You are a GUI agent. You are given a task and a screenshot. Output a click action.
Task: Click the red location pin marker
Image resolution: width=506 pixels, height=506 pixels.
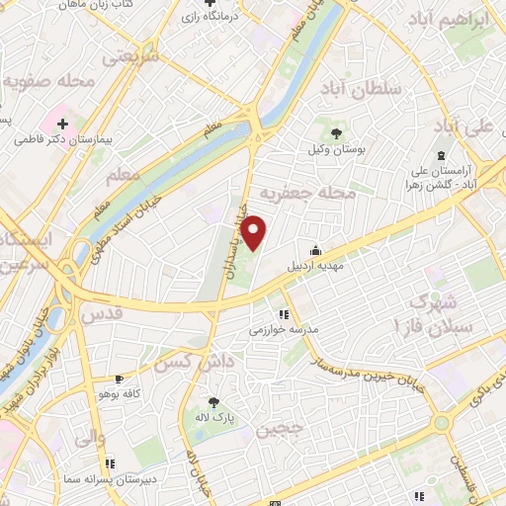pos(255,232)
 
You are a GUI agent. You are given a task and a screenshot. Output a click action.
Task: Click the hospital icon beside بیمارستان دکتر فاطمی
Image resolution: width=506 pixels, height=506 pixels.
pos(63,125)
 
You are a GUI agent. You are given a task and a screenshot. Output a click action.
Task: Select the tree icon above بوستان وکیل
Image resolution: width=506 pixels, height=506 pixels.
pos(335,131)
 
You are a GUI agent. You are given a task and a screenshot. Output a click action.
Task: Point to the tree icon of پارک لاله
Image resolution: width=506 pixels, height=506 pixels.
pos(213,402)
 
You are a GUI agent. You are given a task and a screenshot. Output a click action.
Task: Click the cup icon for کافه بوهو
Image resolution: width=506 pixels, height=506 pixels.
pos(119,379)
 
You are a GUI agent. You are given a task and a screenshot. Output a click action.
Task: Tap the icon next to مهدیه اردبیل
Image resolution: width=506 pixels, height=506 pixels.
pos(314,251)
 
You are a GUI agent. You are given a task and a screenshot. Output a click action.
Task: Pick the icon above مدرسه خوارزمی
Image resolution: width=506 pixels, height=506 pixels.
pos(285,315)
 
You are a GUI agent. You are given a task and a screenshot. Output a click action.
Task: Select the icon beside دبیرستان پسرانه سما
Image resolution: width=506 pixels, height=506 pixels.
pos(109,462)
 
